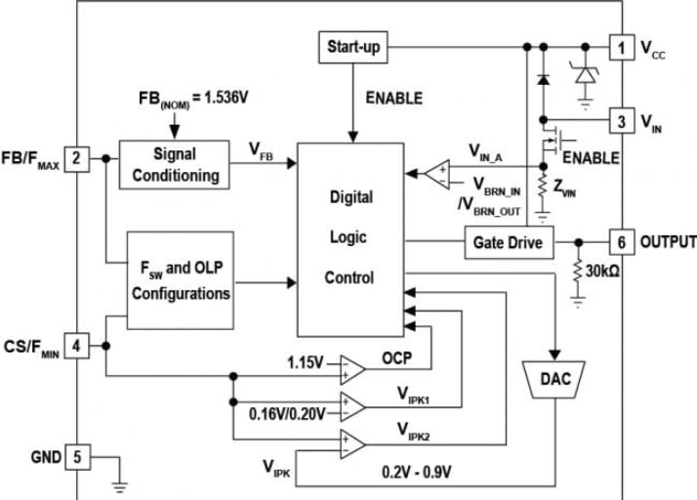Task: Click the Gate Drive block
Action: (507, 241)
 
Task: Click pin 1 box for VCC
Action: (620, 46)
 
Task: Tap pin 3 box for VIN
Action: (620, 121)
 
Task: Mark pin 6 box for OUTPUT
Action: (620, 241)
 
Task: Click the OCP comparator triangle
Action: (350, 369)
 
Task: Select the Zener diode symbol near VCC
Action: (586, 73)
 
